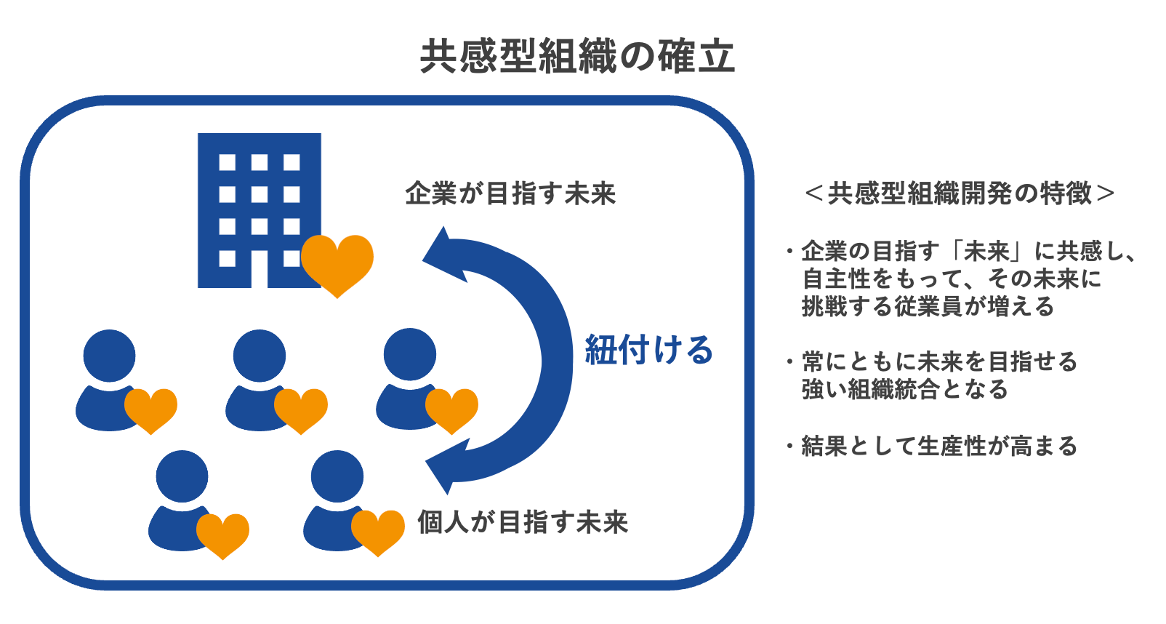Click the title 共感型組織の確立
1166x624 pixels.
pos(577,57)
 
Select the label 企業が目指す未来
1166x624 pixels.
pos(510,194)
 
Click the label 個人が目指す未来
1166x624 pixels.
pos(523,522)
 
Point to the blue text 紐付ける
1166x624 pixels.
pos(649,350)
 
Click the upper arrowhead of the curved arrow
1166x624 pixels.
pos(445,255)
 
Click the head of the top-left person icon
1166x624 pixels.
pos(110,356)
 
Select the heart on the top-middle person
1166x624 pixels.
pos(301,409)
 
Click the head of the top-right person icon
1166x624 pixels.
pos(410,355)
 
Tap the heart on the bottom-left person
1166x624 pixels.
pos(223,535)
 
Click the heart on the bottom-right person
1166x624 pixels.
pos(378,532)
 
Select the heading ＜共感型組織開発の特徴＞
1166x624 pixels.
pos(960,193)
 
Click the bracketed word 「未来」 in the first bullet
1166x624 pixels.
pos(988,252)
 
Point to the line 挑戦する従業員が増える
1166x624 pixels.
pos(928,307)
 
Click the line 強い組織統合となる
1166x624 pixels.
pos(905,390)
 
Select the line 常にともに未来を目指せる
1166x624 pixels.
pos(939,362)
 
